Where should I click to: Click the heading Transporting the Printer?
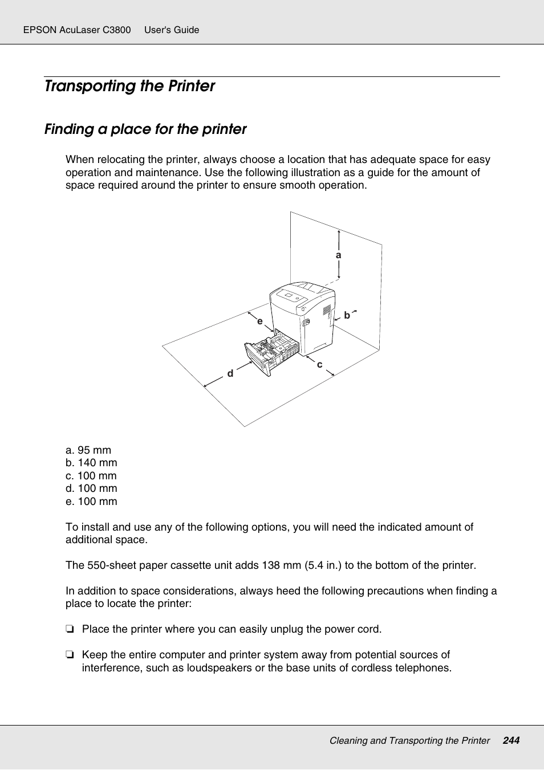[x=129, y=86]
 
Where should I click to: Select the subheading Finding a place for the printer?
[x=145, y=129]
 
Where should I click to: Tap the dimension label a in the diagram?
[x=339, y=255]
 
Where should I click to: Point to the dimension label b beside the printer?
[x=347, y=315]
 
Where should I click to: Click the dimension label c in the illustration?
[x=319, y=365]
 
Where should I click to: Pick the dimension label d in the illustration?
[x=230, y=373]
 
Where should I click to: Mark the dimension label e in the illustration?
[x=260, y=321]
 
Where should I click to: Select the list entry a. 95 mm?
[x=88, y=450]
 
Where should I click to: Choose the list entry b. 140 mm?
[x=91, y=463]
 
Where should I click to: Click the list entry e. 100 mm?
[x=91, y=502]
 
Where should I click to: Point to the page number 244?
[x=511, y=740]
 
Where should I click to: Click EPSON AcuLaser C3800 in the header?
[x=77, y=30]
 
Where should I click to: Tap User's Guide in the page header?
[x=172, y=30]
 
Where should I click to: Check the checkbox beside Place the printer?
[x=70, y=629]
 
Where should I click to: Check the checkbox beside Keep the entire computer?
[x=70, y=655]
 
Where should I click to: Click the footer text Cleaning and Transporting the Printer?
[x=409, y=740]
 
